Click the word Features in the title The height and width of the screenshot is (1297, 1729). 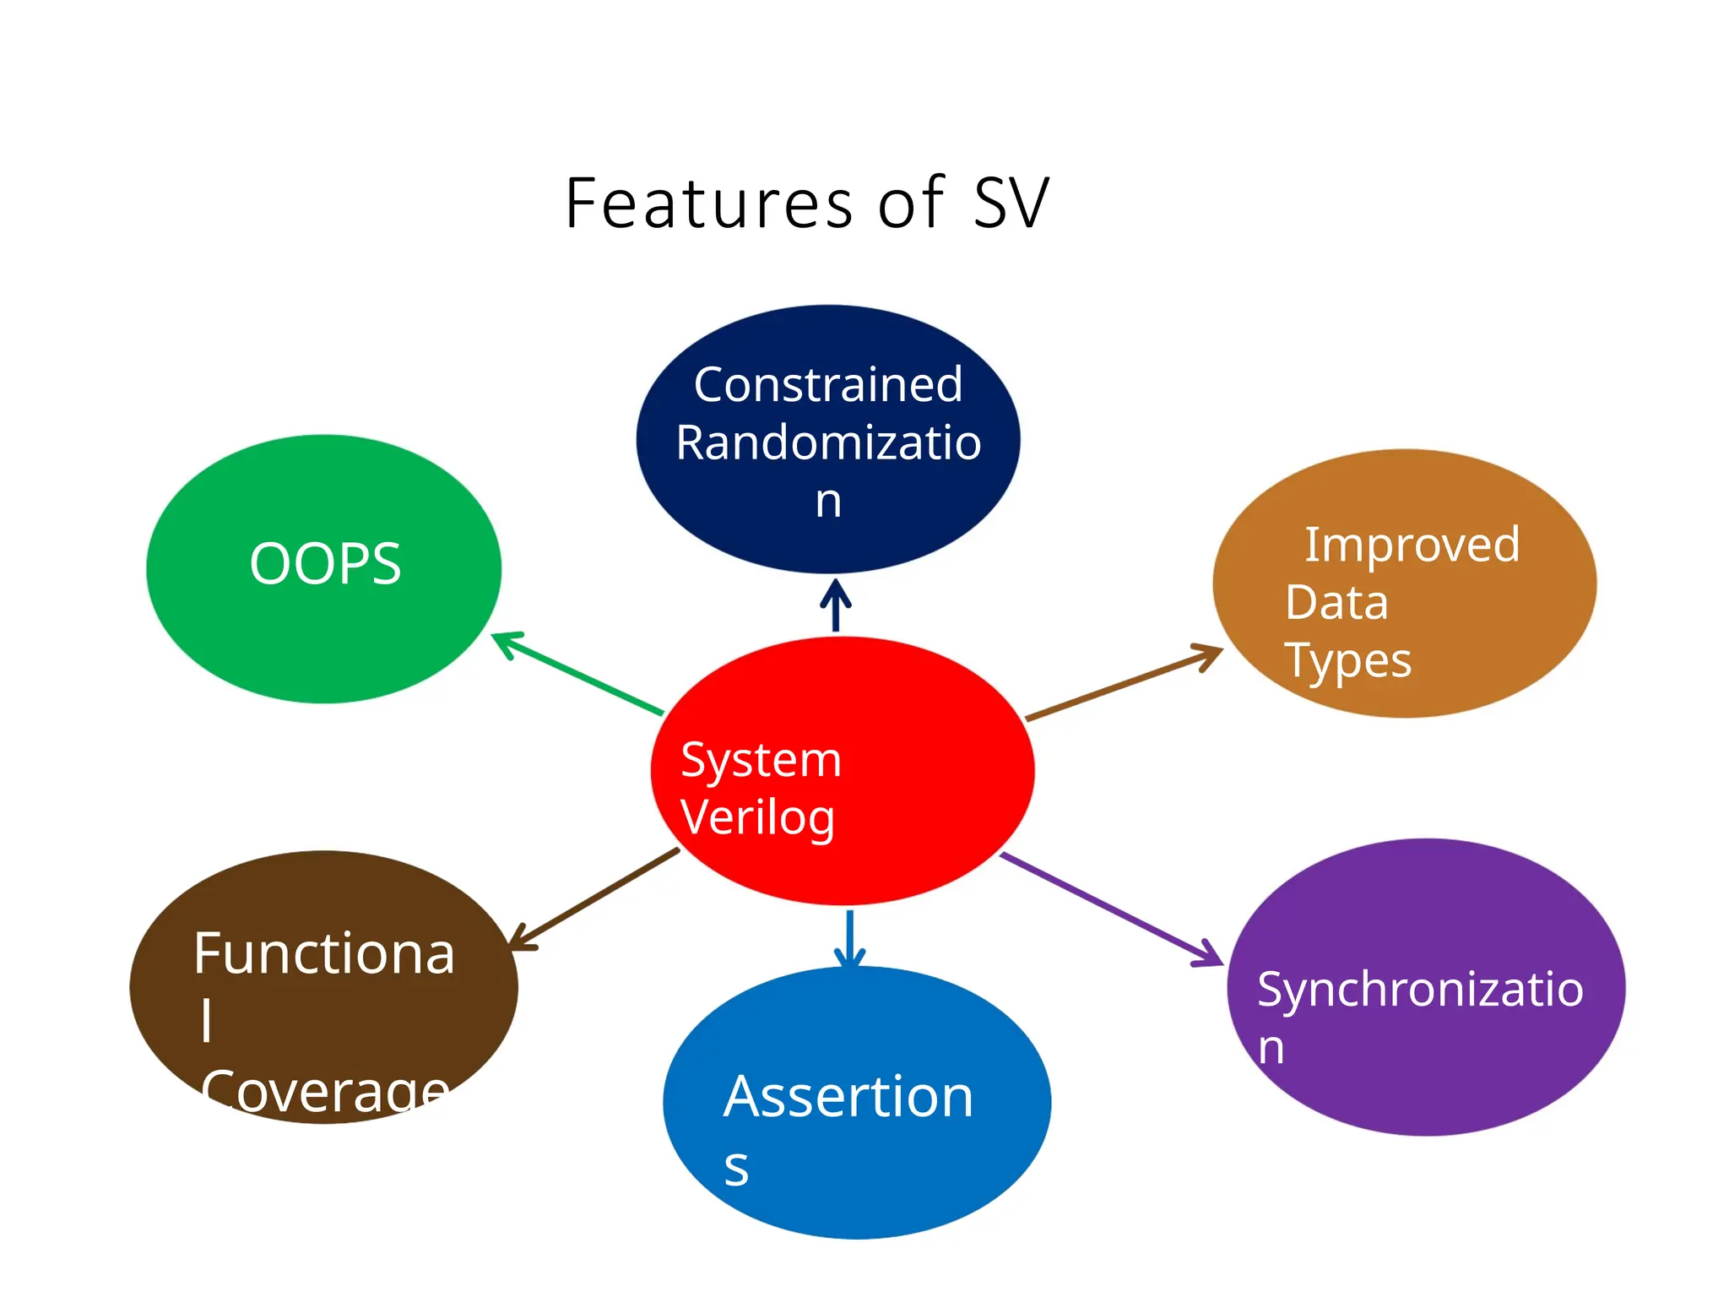click(x=709, y=204)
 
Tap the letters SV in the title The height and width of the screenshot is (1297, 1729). click(x=1011, y=204)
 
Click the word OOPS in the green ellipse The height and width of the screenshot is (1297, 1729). click(x=325, y=564)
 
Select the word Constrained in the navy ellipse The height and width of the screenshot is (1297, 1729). click(x=827, y=385)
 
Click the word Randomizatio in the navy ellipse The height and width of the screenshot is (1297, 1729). click(x=827, y=443)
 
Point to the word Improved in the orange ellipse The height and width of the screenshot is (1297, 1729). click(x=1412, y=545)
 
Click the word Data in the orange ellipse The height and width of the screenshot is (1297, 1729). click(x=1336, y=603)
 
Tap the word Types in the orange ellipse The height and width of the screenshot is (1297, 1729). click(x=1347, y=661)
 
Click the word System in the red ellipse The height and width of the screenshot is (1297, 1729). click(x=761, y=760)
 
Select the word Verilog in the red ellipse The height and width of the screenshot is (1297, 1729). click(x=757, y=817)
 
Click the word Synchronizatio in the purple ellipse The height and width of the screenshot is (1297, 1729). click(x=1419, y=990)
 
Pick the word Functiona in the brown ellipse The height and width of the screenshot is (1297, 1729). click(x=324, y=954)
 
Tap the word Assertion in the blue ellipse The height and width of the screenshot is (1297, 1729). click(x=848, y=1098)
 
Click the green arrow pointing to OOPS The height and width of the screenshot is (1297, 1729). click(x=578, y=674)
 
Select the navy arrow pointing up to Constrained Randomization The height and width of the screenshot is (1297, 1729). click(x=836, y=606)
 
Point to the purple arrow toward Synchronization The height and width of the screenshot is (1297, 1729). click(x=1110, y=909)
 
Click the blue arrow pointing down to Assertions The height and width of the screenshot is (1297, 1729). click(x=849, y=937)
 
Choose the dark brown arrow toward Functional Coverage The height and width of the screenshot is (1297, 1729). click(x=595, y=898)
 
